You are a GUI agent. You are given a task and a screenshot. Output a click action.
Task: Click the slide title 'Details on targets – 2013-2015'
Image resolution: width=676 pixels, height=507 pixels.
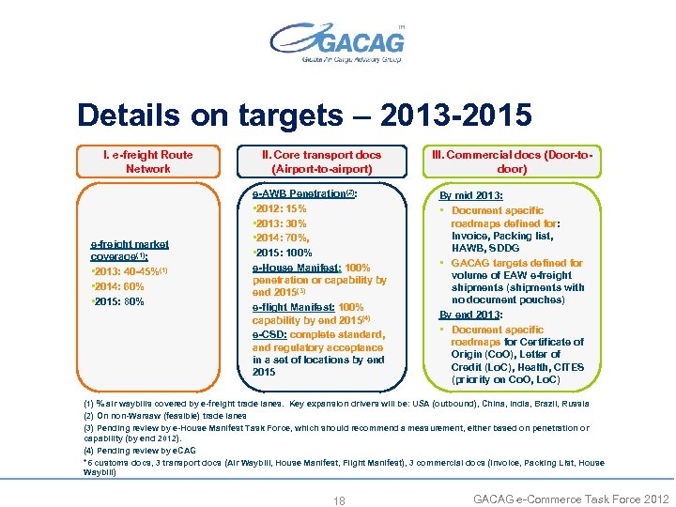click(x=304, y=115)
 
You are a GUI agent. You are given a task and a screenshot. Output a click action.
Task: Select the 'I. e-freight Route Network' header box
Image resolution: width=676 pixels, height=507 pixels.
click(x=148, y=161)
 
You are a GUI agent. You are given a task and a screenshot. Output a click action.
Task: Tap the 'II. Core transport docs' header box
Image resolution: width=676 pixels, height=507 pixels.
click(x=322, y=161)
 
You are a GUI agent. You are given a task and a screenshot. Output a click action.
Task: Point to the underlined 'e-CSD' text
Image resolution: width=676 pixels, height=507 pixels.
click(x=270, y=334)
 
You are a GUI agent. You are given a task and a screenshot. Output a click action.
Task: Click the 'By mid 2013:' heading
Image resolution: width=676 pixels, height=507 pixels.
click(x=471, y=196)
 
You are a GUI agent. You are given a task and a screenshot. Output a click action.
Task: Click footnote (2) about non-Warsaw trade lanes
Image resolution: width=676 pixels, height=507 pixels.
click(x=165, y=415)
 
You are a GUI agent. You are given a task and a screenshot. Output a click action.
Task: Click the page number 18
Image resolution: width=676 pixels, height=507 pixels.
click(x=339, y=500)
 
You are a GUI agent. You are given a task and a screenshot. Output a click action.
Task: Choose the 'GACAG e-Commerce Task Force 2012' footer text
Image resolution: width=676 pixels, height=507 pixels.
click(x=571, y=499)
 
